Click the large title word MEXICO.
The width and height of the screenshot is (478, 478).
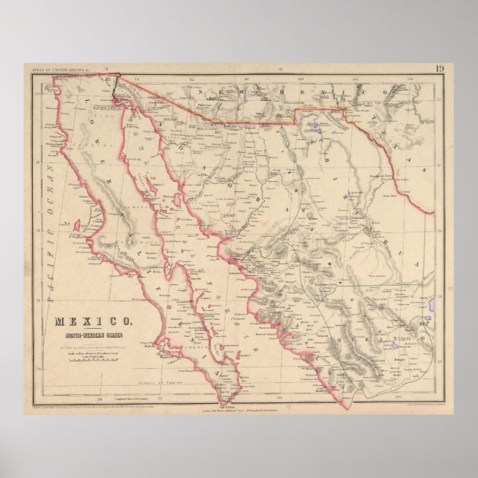(x=94, y=321)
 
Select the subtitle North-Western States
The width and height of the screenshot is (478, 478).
(x=94, y=333)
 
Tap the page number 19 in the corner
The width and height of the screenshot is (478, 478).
(x=439, y=71)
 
